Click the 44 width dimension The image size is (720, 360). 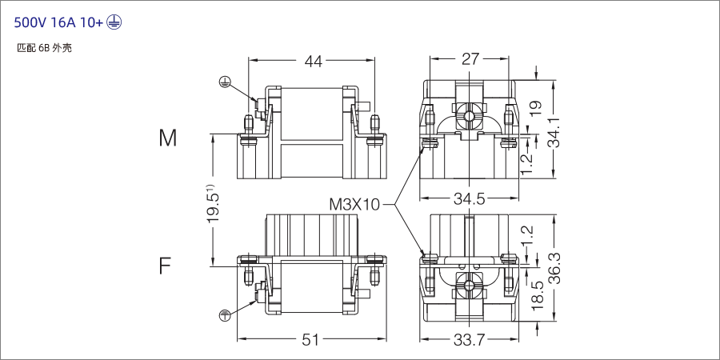tap(312, 62)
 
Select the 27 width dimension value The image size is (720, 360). tap(470, 59)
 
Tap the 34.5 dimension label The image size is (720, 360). tap(469, 199)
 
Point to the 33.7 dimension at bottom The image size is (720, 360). tap(469, 341)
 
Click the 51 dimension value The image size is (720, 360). tap(310, 341)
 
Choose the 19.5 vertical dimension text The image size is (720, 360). tap(213, 206)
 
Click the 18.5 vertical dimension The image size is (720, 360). tap(537, 296)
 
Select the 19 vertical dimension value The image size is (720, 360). tap(535, 104)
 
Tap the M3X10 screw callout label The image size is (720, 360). tap(354, 204)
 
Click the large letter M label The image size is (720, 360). tap(167, 138)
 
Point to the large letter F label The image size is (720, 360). tap(165, 266)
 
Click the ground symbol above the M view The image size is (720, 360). tap(226, 81)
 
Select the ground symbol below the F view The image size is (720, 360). tap(226, 314)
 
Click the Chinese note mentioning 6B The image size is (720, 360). tap(45, 48)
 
